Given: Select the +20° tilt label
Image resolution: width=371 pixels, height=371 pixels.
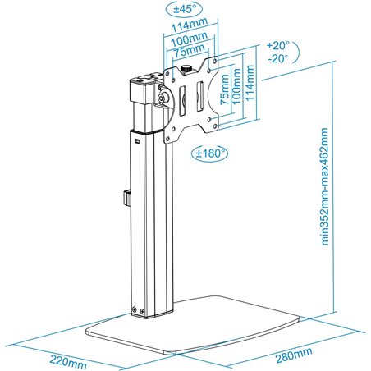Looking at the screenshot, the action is point(279,46).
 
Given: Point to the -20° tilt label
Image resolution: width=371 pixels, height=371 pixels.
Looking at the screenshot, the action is point(279,59).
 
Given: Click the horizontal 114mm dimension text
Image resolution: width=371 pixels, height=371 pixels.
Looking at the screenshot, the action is point(190,26).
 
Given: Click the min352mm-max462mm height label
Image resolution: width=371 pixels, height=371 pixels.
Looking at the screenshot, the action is point(327,187).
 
